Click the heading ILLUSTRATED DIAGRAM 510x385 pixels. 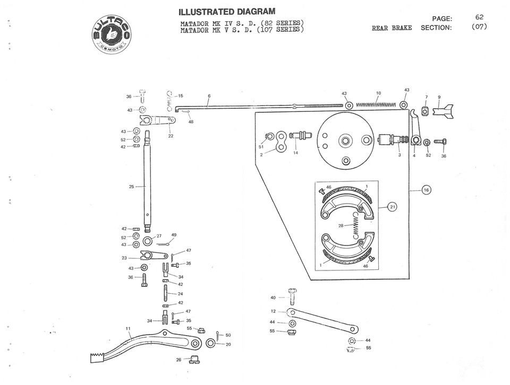click(227, 12)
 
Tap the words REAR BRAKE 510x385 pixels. click(392, 28)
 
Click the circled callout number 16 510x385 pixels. click(426, 189)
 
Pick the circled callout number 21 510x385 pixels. click(392, 207)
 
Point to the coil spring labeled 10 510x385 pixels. click(376, 104)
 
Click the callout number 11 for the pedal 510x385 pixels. click(127, 329)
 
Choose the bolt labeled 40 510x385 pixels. click(292, 295)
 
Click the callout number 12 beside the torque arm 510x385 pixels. click(274, 311)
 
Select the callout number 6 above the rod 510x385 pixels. click(209, 96)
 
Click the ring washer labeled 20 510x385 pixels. click(211, 344)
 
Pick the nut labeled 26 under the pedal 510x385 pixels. click(194, 360)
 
